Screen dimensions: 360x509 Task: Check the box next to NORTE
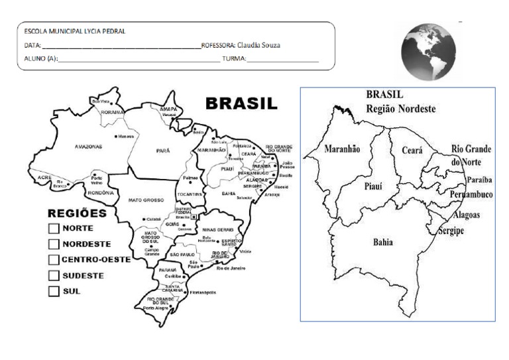[54, 229]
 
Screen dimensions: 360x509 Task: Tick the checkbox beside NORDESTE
[54, 244]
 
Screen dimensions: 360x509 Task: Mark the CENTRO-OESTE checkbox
[54, 259]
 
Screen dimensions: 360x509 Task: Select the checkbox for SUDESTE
[54, 275]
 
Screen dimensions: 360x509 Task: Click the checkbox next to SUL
[54, 290]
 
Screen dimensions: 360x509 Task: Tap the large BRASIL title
[241, 105]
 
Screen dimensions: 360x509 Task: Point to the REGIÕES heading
[77, 214]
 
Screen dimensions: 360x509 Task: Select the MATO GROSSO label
[145, 199]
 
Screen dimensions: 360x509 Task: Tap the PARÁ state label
[163, 150]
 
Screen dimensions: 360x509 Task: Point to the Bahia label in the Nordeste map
[382, 242]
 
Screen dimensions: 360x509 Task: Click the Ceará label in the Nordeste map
[412, 150]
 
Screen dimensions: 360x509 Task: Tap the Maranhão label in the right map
[342, 149]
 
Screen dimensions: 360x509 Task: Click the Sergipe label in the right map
[451, 230]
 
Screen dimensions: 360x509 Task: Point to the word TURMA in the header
[233, 59]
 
